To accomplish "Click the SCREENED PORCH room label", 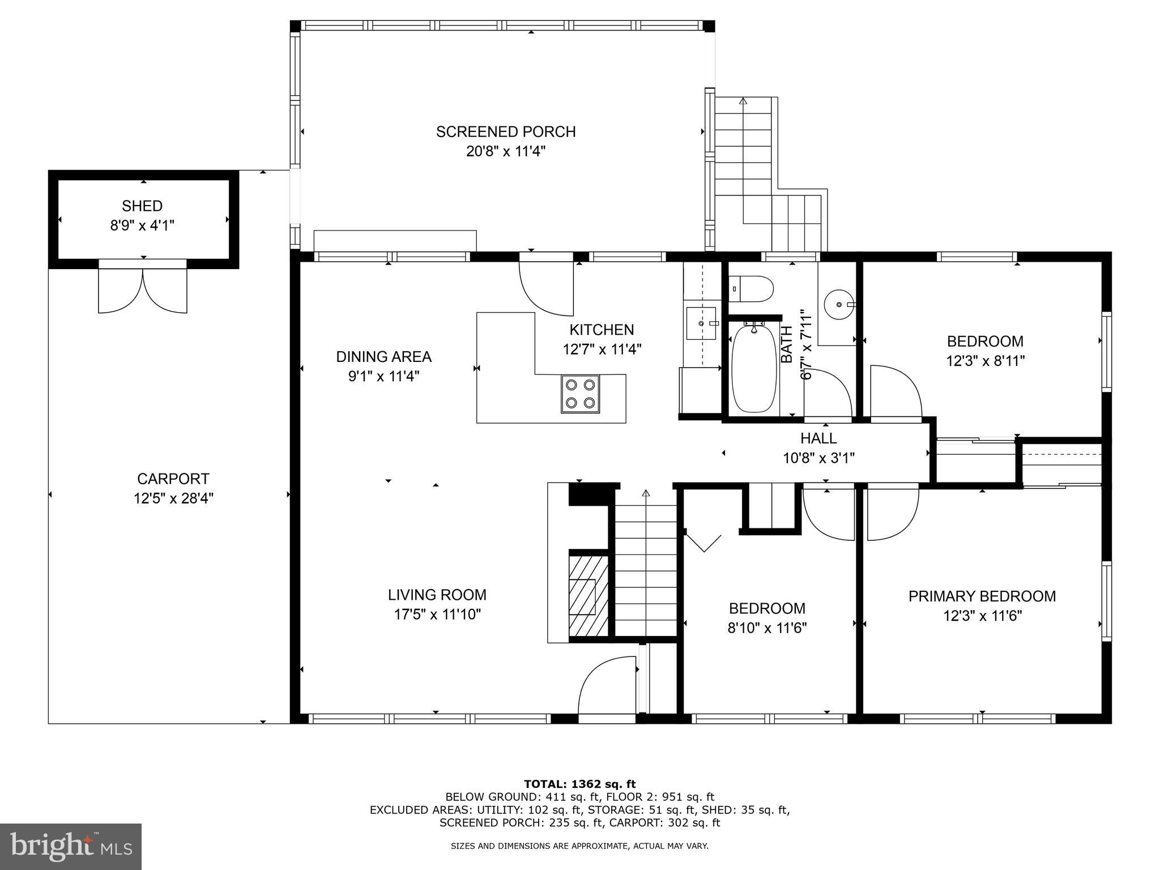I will click(x=505, y=131).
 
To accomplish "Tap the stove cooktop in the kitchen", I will click(x=580, y=394).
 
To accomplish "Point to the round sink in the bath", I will click(x=839, y=304).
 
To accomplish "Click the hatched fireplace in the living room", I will click(x=588, y=594).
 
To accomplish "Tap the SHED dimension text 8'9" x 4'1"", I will click(x=142, y=225).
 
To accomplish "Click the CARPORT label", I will click(x=173, y=479).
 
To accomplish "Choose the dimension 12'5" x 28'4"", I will click(x=173, y=498).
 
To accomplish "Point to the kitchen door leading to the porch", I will click(x=546, y=286).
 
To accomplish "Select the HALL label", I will click(x=818, y=438).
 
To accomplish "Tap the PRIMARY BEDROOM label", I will click(x=982, y=596).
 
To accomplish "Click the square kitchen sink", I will click(x=701, y=323).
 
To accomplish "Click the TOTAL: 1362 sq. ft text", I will click(x=579, y=784).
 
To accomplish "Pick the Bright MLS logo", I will click(x=71, y=846).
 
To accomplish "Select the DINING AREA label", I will click(x=383, y=356).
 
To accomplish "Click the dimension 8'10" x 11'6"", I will click(x=767, y=628).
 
